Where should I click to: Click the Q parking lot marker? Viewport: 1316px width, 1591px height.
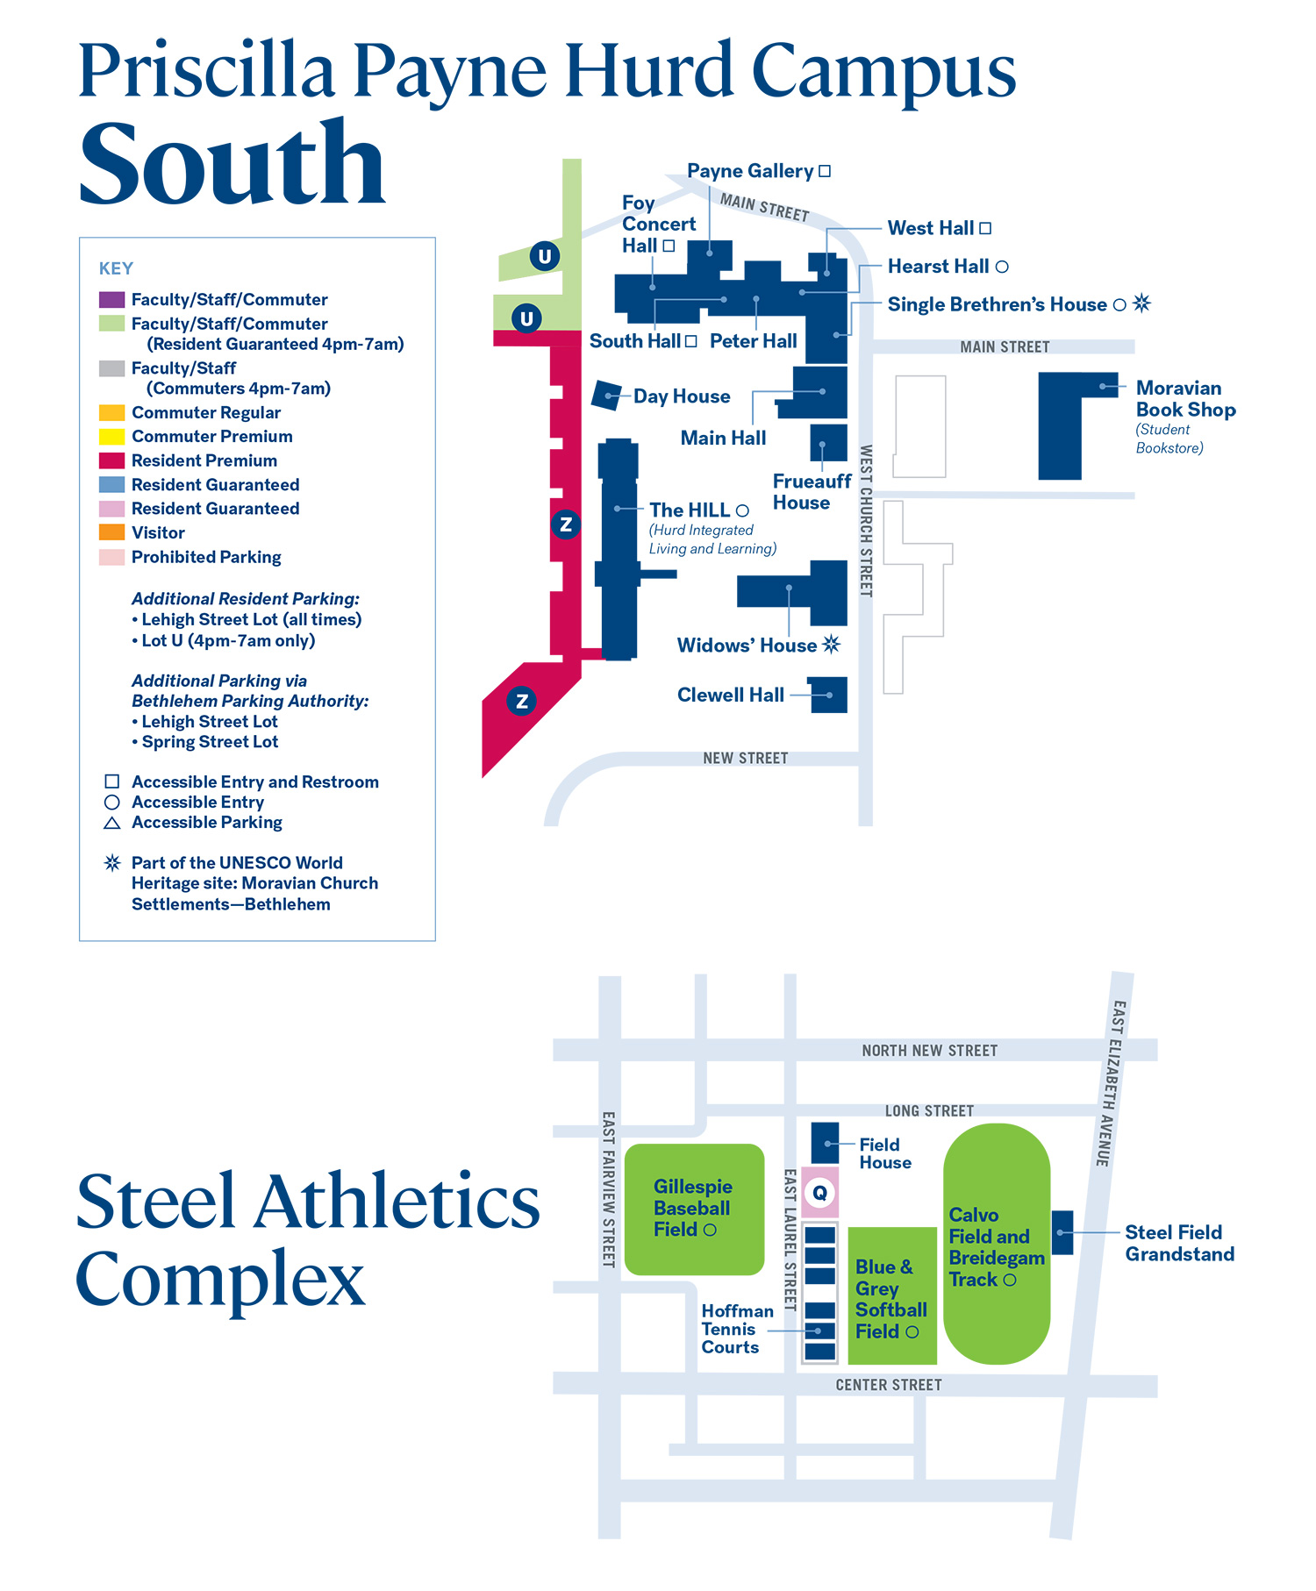[x=819, y=1193]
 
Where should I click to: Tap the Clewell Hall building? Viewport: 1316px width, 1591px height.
[x=828, y=695]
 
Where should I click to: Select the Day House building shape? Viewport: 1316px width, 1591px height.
[x=606, y=396]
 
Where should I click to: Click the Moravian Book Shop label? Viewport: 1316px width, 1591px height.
[x=1185, y=399]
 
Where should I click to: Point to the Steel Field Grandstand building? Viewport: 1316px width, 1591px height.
[x=1062, y=1232]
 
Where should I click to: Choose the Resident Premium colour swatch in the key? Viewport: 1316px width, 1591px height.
[x=111, y=460]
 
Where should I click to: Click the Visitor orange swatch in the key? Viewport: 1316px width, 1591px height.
[x=111, y=532]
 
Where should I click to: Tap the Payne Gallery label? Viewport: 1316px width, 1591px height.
[x=750, y=171]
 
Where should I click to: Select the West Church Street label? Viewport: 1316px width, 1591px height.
[x=866, y=521]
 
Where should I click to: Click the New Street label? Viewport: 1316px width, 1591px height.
[x=746, y=758]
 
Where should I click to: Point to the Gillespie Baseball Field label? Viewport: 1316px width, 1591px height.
[x=692, y=1208]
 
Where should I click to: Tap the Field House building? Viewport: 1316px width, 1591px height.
[x=825, y=1143]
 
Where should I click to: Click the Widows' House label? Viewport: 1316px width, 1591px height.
[x=747, y=646]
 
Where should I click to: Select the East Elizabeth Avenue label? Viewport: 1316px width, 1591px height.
[x=1111, y=1083]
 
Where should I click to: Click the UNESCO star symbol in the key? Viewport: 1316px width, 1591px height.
[x=112, y=863]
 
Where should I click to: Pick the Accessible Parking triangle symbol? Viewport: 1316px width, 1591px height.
[x=112, y=823]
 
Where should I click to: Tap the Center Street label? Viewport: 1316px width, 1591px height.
[x=889, y=1385]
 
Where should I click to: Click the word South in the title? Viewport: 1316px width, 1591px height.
[x=232, y=164]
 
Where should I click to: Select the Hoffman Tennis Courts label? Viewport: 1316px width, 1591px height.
[x=737, y=1329]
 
